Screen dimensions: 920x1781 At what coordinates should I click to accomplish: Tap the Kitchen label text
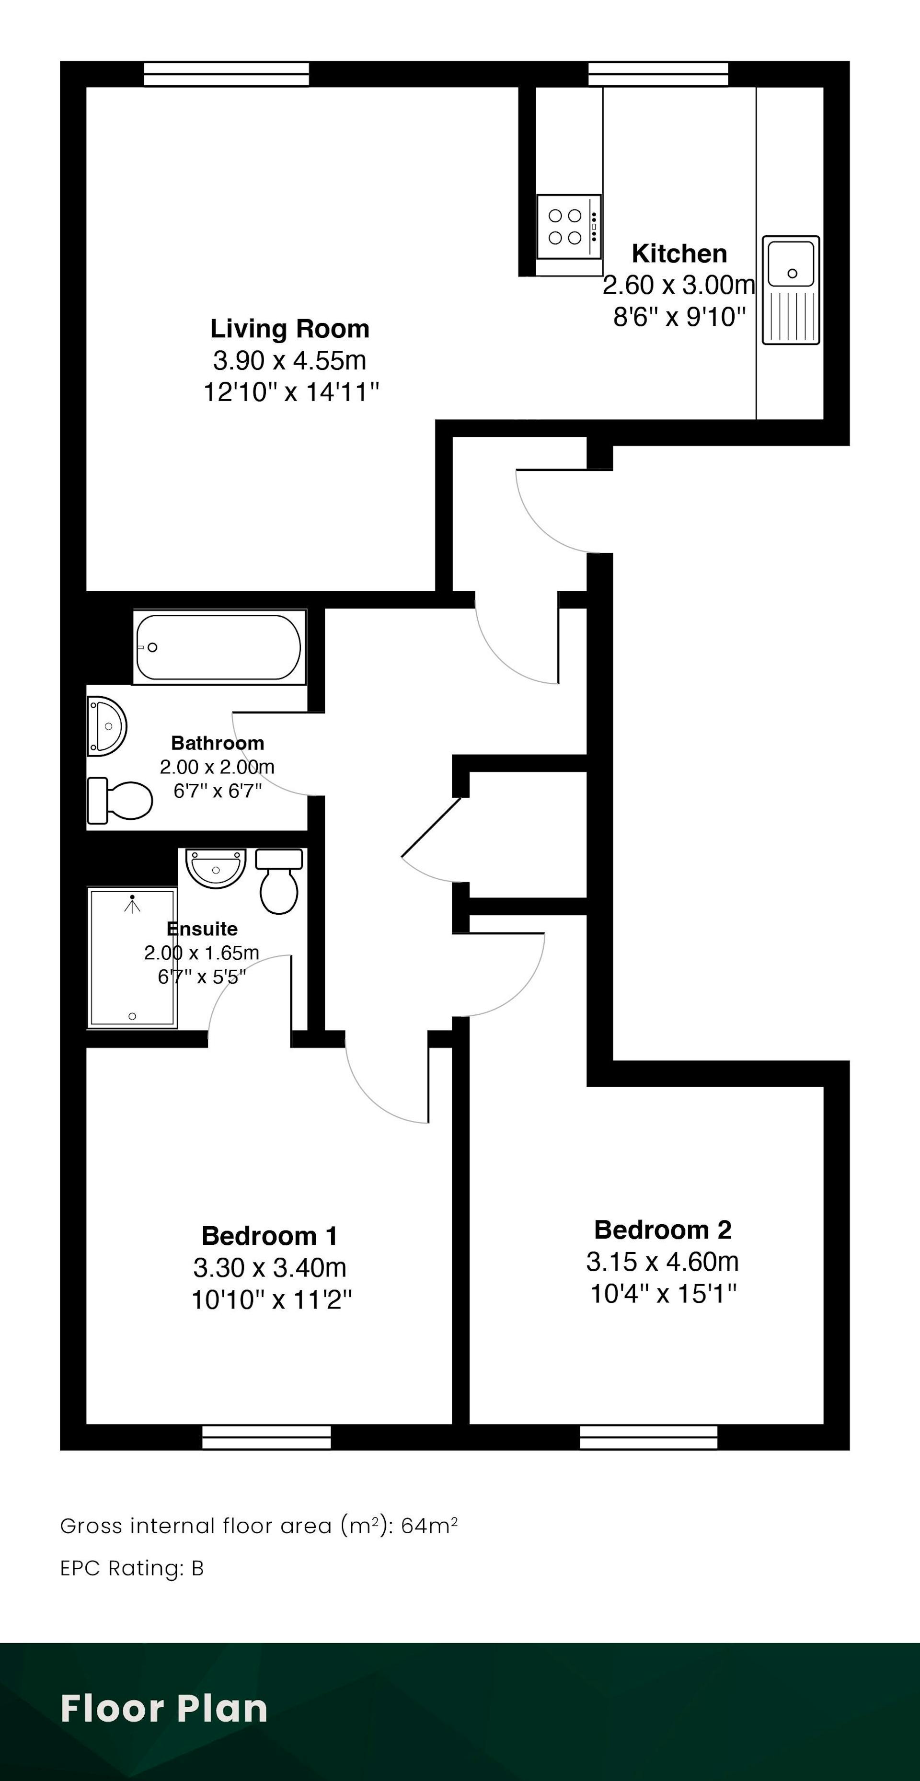click(679, 254)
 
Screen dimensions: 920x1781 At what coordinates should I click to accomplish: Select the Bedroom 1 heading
click(270, 1236)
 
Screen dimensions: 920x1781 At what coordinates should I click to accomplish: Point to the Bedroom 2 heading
click(663, 1229)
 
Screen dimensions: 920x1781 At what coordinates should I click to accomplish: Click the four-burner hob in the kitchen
click(569, 227)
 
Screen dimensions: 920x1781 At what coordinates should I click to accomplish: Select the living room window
click(226, 74)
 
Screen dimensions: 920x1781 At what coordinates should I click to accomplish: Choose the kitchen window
click(658, 74)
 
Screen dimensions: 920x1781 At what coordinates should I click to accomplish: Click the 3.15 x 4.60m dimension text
click(663, 1262)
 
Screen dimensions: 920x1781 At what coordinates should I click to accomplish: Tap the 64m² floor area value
click(429, 1525)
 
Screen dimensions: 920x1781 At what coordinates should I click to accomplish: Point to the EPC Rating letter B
click(198, 1568)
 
